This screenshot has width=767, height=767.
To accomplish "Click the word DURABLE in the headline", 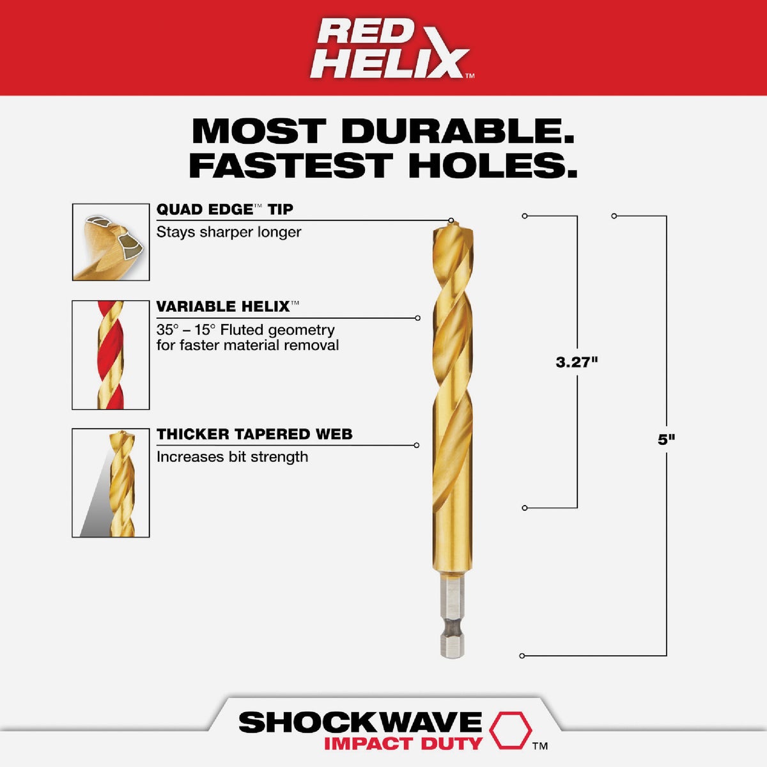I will point(457,131).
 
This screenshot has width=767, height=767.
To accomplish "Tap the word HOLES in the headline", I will point(493,165).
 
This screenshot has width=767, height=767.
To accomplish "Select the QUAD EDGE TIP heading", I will point(224,210).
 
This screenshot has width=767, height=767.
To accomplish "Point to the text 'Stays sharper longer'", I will point(229,232).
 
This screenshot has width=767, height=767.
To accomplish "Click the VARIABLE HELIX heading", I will point(223,307).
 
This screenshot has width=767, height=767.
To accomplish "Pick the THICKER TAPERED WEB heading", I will point(254,435).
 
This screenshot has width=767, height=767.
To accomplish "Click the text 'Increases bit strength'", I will point(232,457).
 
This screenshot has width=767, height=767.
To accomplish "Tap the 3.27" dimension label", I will point(577,362).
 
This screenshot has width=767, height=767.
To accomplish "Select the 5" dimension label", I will point(667,440).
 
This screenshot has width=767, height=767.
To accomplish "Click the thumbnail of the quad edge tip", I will point(111,242).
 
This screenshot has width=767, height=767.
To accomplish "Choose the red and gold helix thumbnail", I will point(111,355).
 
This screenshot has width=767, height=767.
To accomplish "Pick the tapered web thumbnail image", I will point(111,483).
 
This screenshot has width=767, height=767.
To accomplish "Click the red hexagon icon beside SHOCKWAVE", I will point(511,730).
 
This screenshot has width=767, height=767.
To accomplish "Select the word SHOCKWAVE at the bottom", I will point(360,722).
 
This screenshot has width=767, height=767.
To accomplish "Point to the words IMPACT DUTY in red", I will point(403,744).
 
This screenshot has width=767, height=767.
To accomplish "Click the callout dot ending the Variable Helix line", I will point(418,318).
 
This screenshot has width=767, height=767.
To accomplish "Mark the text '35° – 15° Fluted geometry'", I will point(245,330).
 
